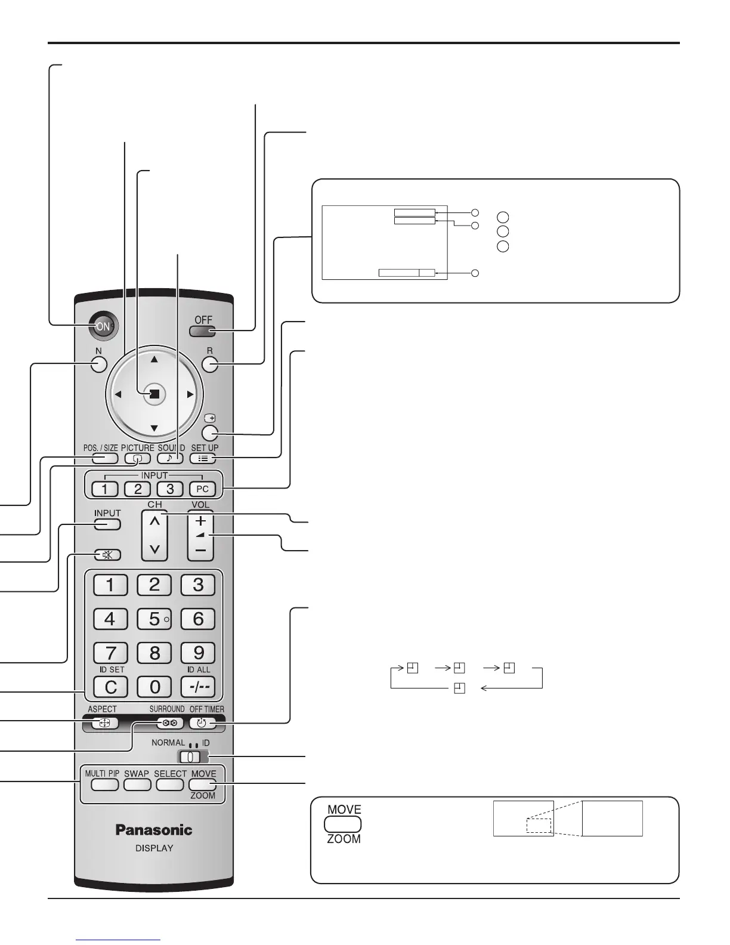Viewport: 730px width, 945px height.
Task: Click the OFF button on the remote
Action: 203,332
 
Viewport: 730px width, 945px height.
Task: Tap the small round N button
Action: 99,364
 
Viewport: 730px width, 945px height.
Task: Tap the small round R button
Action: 210,364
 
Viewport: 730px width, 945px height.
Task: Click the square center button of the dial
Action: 154,394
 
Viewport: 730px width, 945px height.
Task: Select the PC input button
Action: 203,489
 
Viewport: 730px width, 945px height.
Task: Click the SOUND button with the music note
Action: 170,458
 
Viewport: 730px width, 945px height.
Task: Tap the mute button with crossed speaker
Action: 107,555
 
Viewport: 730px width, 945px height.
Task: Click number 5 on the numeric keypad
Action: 154,619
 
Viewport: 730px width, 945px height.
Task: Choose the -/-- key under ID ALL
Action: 199,687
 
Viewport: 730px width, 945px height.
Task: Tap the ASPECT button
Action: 105,723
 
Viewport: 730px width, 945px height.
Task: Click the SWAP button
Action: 137,784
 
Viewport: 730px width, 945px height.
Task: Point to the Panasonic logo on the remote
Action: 154,830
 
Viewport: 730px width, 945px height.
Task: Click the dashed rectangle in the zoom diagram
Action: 539,826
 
